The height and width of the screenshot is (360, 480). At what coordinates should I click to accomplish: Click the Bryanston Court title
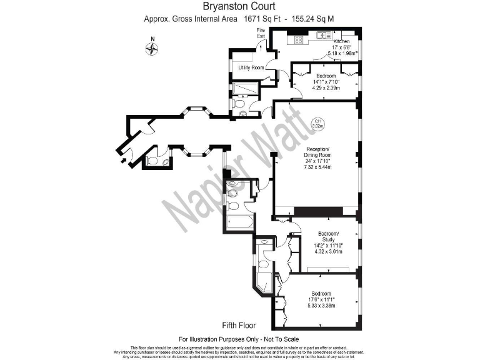pyautogui.click(x=239, y=7)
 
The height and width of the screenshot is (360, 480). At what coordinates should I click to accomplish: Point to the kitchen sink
pyautogui.click(x=322, y=36)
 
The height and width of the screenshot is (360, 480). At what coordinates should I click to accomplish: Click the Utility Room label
pyautogui.click(x=251, y=67)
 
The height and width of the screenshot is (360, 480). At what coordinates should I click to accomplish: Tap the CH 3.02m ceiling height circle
pyautogui.click(x=317, y=124)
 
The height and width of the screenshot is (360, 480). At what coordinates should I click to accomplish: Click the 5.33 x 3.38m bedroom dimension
pyautogui.click(x=321, y=306)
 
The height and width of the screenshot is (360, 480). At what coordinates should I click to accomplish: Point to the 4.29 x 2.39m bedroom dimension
pyautogui.click(x=326, y=87)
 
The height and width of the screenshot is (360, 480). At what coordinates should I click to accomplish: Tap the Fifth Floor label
pyautogui.click(x=239, y=326)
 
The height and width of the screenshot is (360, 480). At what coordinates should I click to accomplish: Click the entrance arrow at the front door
pyautogui.click(x=122, y=161)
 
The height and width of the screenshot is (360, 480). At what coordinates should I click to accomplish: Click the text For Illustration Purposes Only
pyautogui.click(x=239, y=338)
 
